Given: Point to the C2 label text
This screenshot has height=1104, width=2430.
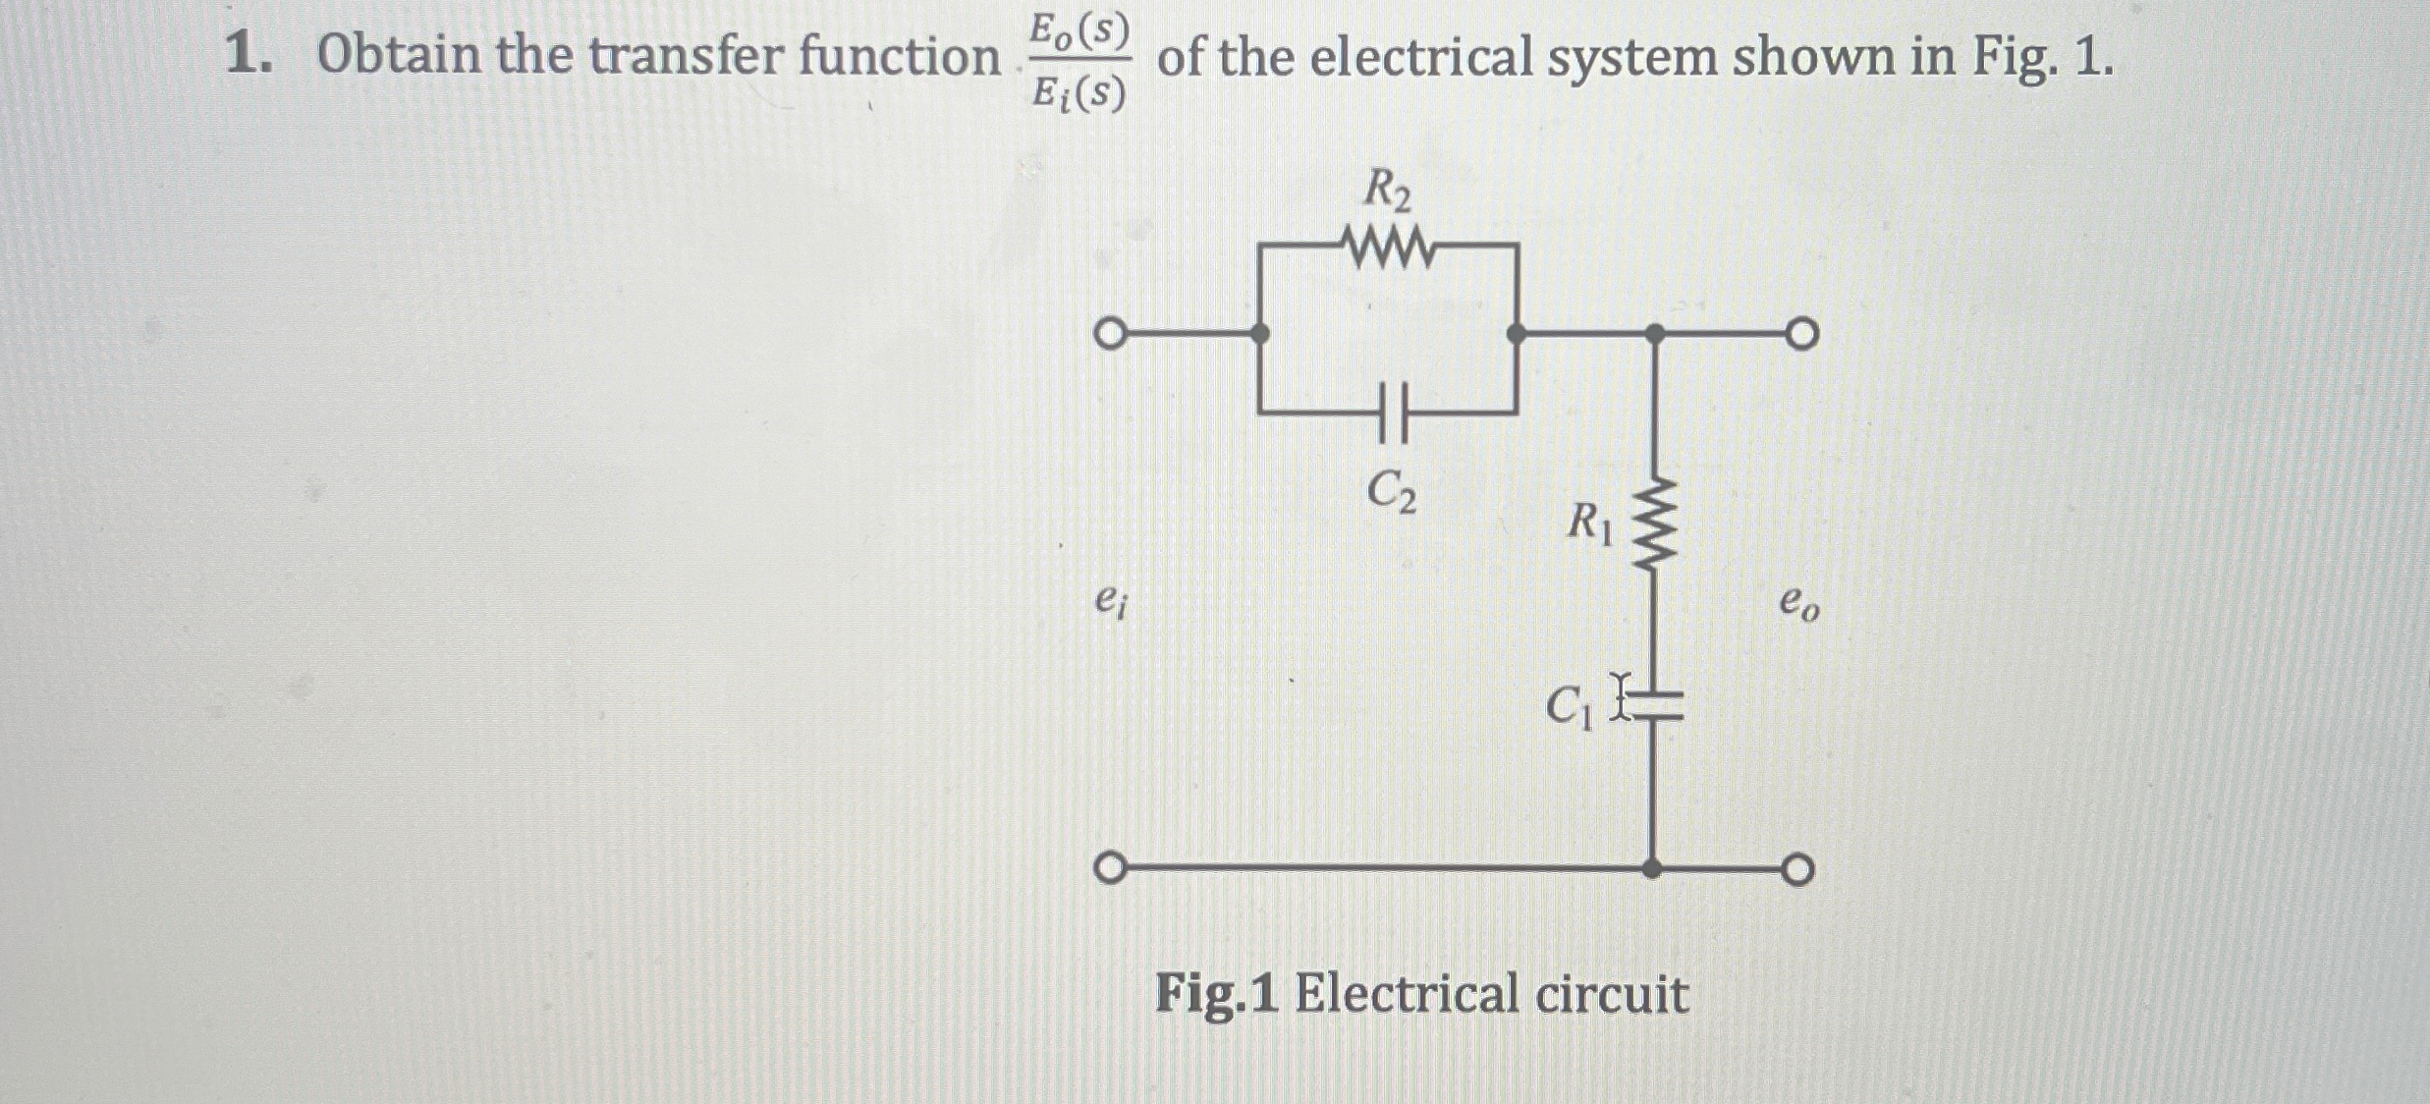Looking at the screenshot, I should click(x=1392, y=491).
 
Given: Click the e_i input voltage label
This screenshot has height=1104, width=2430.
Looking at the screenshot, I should click(x=1110, y=601).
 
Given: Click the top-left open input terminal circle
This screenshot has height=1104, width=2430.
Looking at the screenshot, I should click(x=1108, y=334).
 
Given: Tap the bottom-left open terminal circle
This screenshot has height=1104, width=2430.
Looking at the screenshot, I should click(x=1108, y=869).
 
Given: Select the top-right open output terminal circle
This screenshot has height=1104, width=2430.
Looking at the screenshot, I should click(x=1801, y=335).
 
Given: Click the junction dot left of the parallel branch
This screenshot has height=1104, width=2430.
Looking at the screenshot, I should click(x=1259, y=334).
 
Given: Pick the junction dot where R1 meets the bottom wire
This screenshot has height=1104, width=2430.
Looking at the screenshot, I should click(x=1653, y=868).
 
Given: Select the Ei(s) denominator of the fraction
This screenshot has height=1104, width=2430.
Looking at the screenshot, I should click(x=1077, y=93).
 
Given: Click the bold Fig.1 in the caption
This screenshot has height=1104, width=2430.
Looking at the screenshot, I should click(x=1216, y=994).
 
